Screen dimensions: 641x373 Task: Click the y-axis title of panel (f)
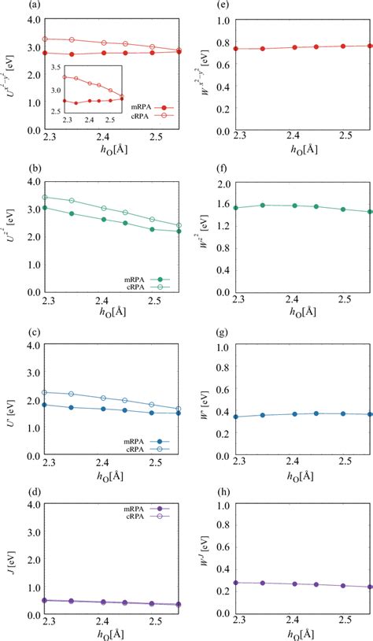click(x=202, y=236)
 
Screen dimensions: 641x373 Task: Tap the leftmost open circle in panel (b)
click(x=44, y=198)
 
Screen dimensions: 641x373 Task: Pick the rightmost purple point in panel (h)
click(x=370, y=587)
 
